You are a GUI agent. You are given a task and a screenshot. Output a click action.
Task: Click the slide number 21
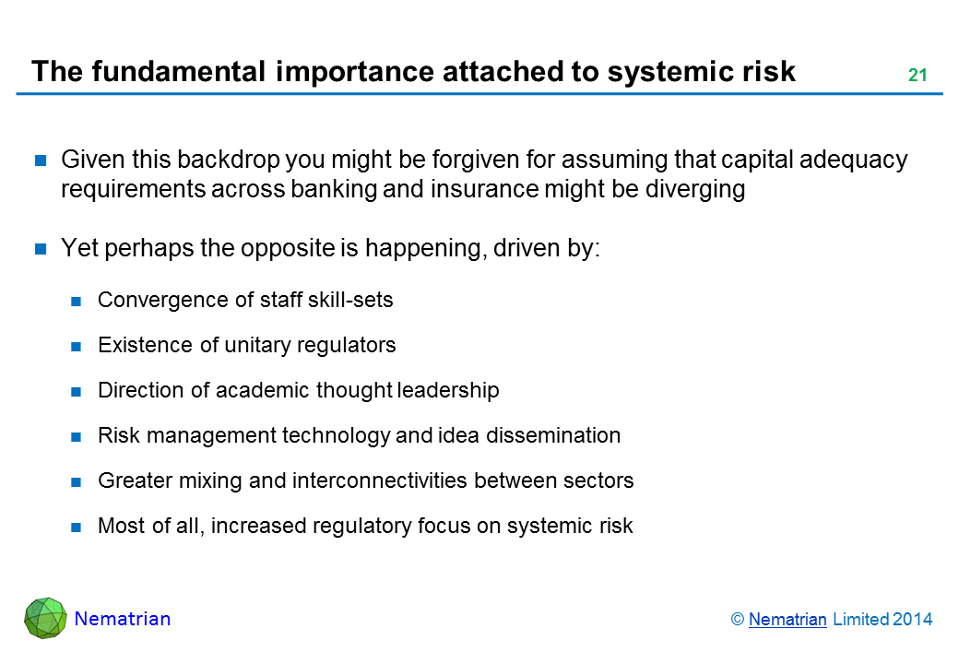[918, 76]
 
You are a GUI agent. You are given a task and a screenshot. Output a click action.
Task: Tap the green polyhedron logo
[45, 618]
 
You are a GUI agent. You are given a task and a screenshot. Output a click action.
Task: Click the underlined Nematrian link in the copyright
[787, 620]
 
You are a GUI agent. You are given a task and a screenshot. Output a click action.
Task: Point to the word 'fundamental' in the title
[179, 71]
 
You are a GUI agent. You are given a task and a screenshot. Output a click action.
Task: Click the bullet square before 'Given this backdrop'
[41, 160]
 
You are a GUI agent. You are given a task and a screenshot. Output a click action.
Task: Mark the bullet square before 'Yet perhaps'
[41, 249]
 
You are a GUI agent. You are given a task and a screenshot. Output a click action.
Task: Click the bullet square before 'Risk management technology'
[76, 437]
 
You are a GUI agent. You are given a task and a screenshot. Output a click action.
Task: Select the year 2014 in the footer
[912, 620]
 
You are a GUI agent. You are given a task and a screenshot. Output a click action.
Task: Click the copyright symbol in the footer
[737, 620]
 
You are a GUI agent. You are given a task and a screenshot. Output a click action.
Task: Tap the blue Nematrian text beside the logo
[123, 619]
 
